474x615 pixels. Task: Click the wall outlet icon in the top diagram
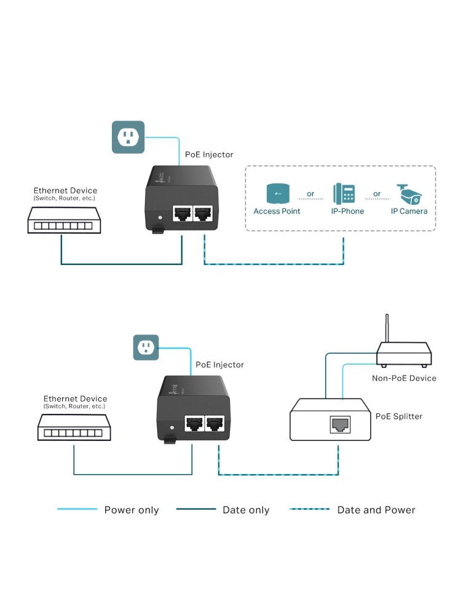pyautogui.click(x=128, y=137)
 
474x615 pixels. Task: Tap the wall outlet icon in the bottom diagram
pyautogui.click(x=146, y=347)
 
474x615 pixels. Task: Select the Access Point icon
pyautogui.click(x=278, y=193)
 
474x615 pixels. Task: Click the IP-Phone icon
pyautogui.click(x=344, y=193)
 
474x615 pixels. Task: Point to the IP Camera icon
pyautogui.click(x=409, y=194)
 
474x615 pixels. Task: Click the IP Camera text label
pyautogui.click(x=409, y=211)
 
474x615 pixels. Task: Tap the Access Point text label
pyautogui.click(x=277, y=211)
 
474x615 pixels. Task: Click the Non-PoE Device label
pyautogui.click(x=404, y=378)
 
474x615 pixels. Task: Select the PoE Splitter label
pyautogui.click(x=399, y=416)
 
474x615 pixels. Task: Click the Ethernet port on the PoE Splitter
pyautogui.click(x=340, y=424)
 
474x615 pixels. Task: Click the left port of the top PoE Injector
pyautogui.click(x=183, y=214)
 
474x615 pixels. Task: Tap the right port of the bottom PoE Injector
pyautogui.click(x=215, y=424)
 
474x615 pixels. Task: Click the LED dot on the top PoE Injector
pyautogui.click(x=160, y=217)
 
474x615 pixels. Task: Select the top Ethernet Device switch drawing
pyautogui.click(x=65, y=220)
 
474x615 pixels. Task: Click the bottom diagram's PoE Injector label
pyautogui.click(x=219, y=365)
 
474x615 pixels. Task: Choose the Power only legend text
pyautogui.click(x=132, y=510)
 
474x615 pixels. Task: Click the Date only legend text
pyautogui.click(x=246, y=510)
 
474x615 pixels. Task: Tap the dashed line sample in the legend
pyautogui.click(x=309, y=509)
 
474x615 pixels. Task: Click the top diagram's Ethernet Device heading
pyautogui.click(x=65, y=191)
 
